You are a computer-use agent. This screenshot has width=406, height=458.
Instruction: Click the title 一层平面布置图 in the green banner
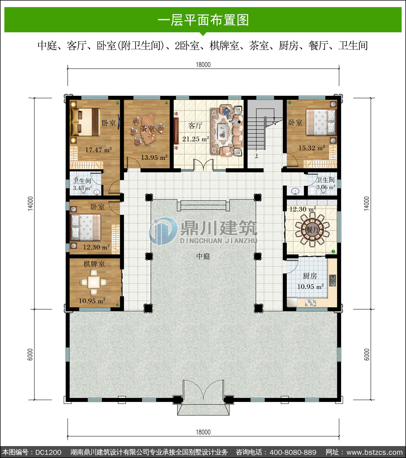[x=203, y=20]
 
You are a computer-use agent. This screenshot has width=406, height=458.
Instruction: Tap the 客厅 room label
[x=195, y=126]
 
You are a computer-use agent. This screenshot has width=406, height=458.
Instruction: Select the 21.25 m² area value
[x=195, y=139]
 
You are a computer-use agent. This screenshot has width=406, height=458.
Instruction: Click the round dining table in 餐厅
[x=312, y=229]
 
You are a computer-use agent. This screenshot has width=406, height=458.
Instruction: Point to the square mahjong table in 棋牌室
[x=94, y=282]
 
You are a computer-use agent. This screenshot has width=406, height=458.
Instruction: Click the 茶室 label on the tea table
[x=147, y=128]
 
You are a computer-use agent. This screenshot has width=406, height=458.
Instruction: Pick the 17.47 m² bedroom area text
[x=99, y=150]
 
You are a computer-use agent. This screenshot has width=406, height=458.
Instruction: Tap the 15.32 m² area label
[x=312, y=148]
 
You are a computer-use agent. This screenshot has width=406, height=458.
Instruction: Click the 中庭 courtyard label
[x=203, y=256]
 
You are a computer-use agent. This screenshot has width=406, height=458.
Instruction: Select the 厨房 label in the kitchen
[x=310, y=276]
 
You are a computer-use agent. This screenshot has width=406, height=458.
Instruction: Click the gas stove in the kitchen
[x=333, y=280]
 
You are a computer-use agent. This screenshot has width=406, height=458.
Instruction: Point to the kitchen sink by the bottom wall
[x=310, y=303]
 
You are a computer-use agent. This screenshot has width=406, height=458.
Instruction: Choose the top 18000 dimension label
[x=203, y=64]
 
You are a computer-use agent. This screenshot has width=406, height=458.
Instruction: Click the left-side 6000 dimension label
[x=30, y=354]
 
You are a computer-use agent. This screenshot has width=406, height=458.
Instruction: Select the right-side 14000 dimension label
[x=366, y=203]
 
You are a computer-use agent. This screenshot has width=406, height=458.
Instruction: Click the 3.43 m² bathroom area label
[x=82, y=188]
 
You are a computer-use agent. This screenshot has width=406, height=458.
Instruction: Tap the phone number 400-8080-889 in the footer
[x=293, y=452]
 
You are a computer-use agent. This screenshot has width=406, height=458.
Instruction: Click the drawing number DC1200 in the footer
[x=48, y=452]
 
